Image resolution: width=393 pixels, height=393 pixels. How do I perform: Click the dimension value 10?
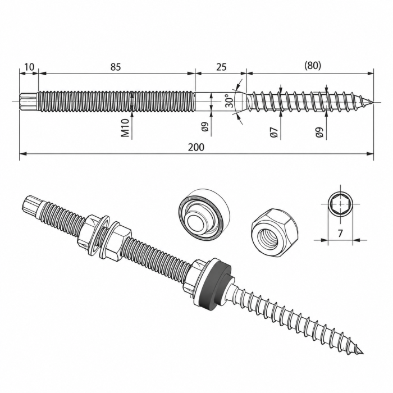pyautogui.click(x=29, y=67)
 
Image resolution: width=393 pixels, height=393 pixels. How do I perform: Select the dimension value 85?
pyautogui.click(x=116, y=67)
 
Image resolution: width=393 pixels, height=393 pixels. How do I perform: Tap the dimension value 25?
pyautogui.click(x=221, y=67)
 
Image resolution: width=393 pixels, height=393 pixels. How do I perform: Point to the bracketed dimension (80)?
pyautogui.click(x=313, y=66)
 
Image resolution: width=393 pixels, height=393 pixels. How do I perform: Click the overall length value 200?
pyautogui.click(x=196, y=147)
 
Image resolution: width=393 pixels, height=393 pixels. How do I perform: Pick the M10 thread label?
pyautogui.click(x=125, y=128)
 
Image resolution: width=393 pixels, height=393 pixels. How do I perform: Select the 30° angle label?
pyautogui.click(x=229, y=101)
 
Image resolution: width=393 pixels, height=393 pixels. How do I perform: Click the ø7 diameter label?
pyautogui.click(x=275, y=132)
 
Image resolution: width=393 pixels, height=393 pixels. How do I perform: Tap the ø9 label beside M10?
pyautogui.click(x=205, y=126)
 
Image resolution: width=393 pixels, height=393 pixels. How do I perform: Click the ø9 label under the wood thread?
pyautogui.click(x=319, y=132)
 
